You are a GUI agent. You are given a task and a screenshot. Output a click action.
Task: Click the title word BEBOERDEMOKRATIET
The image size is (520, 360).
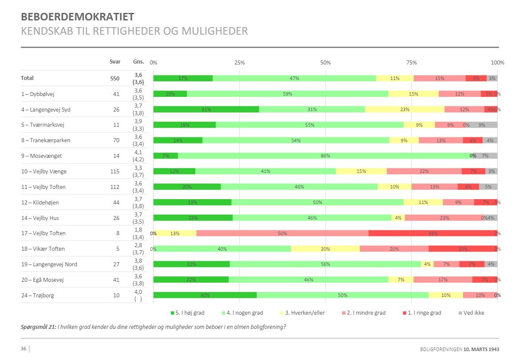[x=77, y=17]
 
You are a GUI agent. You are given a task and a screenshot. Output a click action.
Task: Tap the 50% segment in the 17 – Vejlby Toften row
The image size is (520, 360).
[x=282, y=233]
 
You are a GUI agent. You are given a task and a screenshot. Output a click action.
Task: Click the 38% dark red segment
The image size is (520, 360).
[x=433, y=233]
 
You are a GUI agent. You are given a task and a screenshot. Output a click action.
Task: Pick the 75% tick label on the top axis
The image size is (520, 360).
[x=411, y=63]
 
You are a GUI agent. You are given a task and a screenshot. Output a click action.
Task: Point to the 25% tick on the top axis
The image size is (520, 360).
[x=239, y=63]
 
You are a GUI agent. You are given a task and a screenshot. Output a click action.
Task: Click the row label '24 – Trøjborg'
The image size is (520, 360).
[x=37, y=296]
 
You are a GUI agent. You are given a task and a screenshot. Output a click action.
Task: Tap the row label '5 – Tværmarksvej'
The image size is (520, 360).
[x=42, y=125]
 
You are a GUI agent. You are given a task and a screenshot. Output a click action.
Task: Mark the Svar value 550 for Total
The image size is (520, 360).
[x=115, y=79]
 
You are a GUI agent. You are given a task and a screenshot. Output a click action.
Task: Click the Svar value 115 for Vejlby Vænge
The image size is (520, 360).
[x=115, y=172]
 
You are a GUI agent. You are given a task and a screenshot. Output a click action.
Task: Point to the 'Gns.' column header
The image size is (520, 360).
[x=138, y=62]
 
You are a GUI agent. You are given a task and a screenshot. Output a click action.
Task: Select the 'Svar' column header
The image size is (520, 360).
[x=115, y=62]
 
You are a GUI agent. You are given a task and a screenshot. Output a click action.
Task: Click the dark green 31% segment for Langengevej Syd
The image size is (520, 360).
[x=206, y=109]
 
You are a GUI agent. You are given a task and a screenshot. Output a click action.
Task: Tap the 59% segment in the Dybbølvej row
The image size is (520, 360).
[x=287, y=94]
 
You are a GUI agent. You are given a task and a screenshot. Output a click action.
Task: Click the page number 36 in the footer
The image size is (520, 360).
[x=24, y=349]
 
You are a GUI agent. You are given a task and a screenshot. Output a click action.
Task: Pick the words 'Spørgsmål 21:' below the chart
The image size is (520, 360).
[x=38, y=327]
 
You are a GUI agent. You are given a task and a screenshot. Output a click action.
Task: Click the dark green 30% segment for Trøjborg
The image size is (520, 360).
[x=205, y=296]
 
